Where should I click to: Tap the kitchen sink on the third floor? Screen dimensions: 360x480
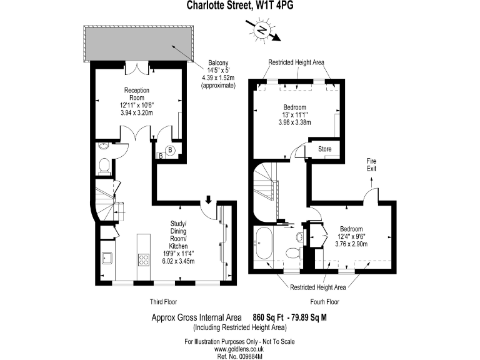coord(107,257)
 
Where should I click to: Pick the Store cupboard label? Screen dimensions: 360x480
coord(324,149)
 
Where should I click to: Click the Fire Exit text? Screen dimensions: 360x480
coord(371,164)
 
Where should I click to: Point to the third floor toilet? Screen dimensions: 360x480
coord(105,164)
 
